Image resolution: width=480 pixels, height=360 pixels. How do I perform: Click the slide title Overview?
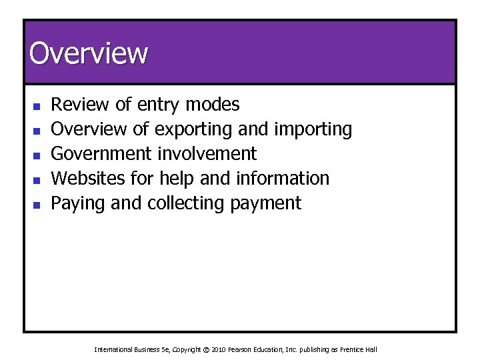88,53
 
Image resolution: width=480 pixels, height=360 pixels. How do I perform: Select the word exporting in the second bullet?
192,129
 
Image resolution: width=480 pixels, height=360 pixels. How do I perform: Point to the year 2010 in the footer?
219,349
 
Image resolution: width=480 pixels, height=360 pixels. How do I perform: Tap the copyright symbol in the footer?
205,349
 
